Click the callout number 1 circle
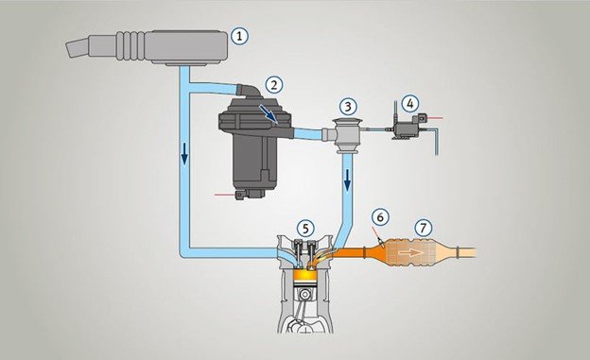pos(240,37)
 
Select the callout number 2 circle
pos(274,84)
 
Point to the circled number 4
pos(408,101)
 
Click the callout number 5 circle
pos(304,228)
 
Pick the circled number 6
pos(378,216)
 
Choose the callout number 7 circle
pos(423,228)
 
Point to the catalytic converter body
pos(416,252)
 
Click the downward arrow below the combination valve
pos(346,180)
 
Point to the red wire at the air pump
pos(225,194)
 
